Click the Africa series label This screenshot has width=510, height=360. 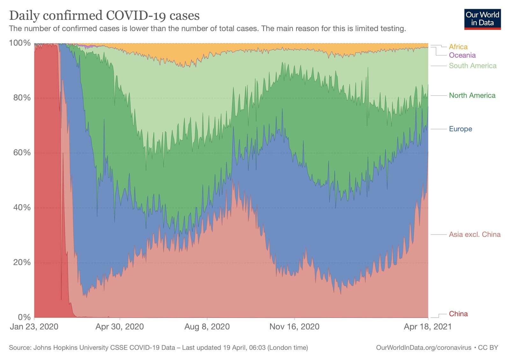click(458, 47)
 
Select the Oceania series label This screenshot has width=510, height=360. click(462, 55)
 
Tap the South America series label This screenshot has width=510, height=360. click(472, 66)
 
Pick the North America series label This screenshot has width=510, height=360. click(472, 95)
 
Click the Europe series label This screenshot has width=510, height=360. click(460, 129)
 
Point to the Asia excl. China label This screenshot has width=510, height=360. click(474, 234)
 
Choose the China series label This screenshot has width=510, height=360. click(458, 314)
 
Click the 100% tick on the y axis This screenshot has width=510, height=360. click(20, 43)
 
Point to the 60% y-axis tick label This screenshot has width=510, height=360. click(22, 152)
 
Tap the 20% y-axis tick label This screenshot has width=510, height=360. click(22, 262)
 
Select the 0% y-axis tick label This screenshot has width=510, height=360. click(24, 317)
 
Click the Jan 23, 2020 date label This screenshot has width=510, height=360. click(34, 327)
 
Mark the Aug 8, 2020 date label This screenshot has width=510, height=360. click(207, 327)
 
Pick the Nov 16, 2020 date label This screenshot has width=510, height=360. click(294, 327)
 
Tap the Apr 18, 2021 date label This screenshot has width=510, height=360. click(427, 327)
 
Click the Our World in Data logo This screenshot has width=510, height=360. click(482, 19)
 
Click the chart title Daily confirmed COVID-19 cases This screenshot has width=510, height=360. click(104, 15)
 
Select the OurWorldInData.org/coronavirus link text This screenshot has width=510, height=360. click(424, 348)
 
